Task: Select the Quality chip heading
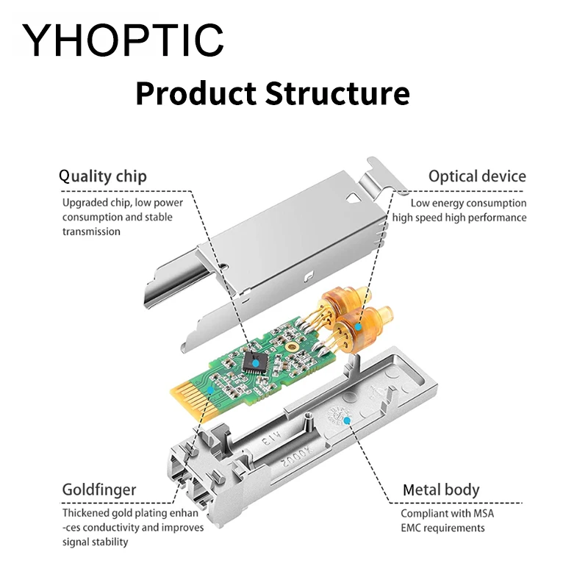click(103, 176)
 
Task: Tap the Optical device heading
click(477, 176)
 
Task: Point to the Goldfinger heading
click(98, 490)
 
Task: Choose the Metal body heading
click(441, 490)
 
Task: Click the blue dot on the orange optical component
click(358, 325)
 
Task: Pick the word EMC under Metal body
click(413, 528)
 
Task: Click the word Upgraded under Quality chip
click(85, 202)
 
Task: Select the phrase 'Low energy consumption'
click(468, 203)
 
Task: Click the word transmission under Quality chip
click(91, 231)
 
